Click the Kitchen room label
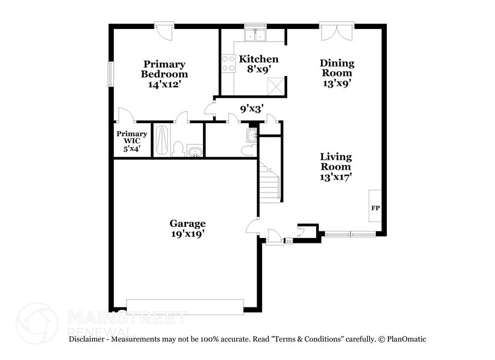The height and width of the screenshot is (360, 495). [259, 59]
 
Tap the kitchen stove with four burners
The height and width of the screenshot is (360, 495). [228, 63]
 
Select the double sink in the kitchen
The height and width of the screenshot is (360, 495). [255, 36]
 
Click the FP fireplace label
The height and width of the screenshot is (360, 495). [375, 208]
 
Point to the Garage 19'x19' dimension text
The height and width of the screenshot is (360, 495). [188, 234]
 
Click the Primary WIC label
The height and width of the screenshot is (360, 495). [132, 137]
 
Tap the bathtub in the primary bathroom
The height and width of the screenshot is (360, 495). [162, 141]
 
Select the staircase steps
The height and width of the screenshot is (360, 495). [269, 182]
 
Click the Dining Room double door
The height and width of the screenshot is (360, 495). [336, 32]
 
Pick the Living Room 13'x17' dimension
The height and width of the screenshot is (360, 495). [336, 177]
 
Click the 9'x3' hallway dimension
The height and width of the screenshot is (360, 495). [252, 109]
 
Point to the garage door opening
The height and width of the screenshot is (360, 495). [185, 306]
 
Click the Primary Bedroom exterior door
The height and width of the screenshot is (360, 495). [164, 31]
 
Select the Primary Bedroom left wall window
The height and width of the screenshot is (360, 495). [110, 74]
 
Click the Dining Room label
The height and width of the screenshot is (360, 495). [337, 68]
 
